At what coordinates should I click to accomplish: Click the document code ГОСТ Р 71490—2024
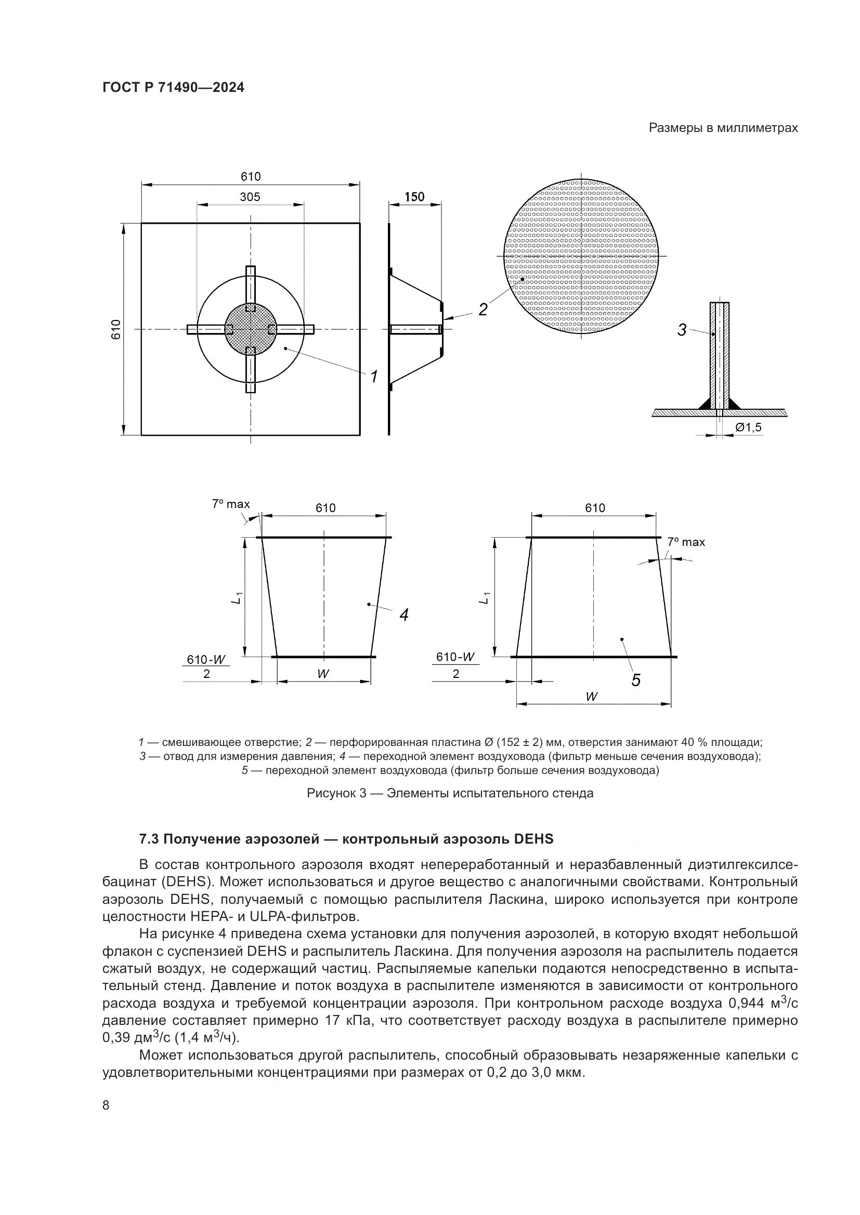pyautogui.click(x=173, y=88)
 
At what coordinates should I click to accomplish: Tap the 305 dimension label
pyautogui.click(x=250, y=197)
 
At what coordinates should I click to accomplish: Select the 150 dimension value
pyautogui.click(x=414, y=197)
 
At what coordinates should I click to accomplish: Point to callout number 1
pyautogui.click(x=374, y=377)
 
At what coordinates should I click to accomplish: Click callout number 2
pyautogui.click(x=483, y=310)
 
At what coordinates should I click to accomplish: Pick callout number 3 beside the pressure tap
pyautogui.click(x=682, y=330)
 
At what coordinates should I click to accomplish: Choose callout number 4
pyautogui.click(x=404, y=615)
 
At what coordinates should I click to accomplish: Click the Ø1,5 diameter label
pyautogui.click(x=748, y=427)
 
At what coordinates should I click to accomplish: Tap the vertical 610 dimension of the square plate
pyautogui.click(x=116, y=329)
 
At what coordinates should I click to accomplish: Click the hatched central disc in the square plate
pyautogui.click(x=251, y=329)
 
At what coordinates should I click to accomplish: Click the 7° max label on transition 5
pyautogui.click(x=686, y=542)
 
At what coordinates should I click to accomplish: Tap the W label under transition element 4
pyautogui.click(x=323, y=674)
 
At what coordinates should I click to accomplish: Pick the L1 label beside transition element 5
pyautogui.click(x=485, y=597)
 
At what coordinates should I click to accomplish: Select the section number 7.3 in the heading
pyautogui.click(x=149, y=839)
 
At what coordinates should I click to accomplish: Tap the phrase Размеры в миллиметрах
pyautogui.click(x=723, y=128)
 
